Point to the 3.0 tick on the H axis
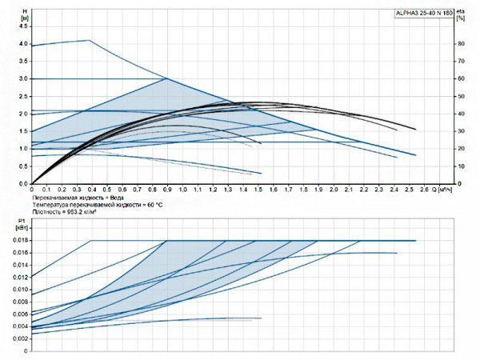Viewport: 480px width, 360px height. click(22, 79)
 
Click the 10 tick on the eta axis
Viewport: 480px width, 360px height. click(461, 166)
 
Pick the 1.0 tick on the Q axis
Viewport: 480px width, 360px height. click(184, 190)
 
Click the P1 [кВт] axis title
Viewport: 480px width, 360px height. click(21, 223)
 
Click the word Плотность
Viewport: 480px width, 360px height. click(46, 213)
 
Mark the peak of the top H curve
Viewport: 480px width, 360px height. click(88, 40)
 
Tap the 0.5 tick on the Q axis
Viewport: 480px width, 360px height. click(110, 190)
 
